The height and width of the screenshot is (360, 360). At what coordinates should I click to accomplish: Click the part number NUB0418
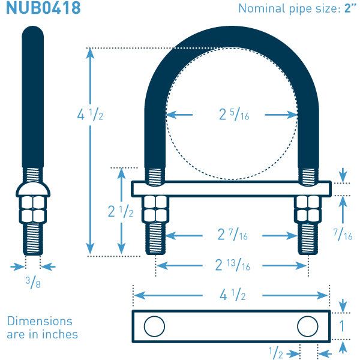click(43, 8)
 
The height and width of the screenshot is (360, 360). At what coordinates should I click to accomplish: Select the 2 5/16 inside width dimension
click(234, 115)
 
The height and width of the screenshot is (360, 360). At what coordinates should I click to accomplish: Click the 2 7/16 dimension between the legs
click(233, 235)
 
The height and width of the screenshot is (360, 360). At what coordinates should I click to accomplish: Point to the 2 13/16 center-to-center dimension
click(233, 265)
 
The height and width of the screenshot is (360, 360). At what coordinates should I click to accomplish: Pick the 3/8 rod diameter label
click(33, 283)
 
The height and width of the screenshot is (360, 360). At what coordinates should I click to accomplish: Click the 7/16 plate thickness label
click(343, 235)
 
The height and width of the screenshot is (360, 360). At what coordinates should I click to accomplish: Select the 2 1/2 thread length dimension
click(121, 211)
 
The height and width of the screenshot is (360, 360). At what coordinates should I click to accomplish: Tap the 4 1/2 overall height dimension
click(90, 115)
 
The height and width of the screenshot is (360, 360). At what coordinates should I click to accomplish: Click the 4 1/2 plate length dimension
click(233, 295)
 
